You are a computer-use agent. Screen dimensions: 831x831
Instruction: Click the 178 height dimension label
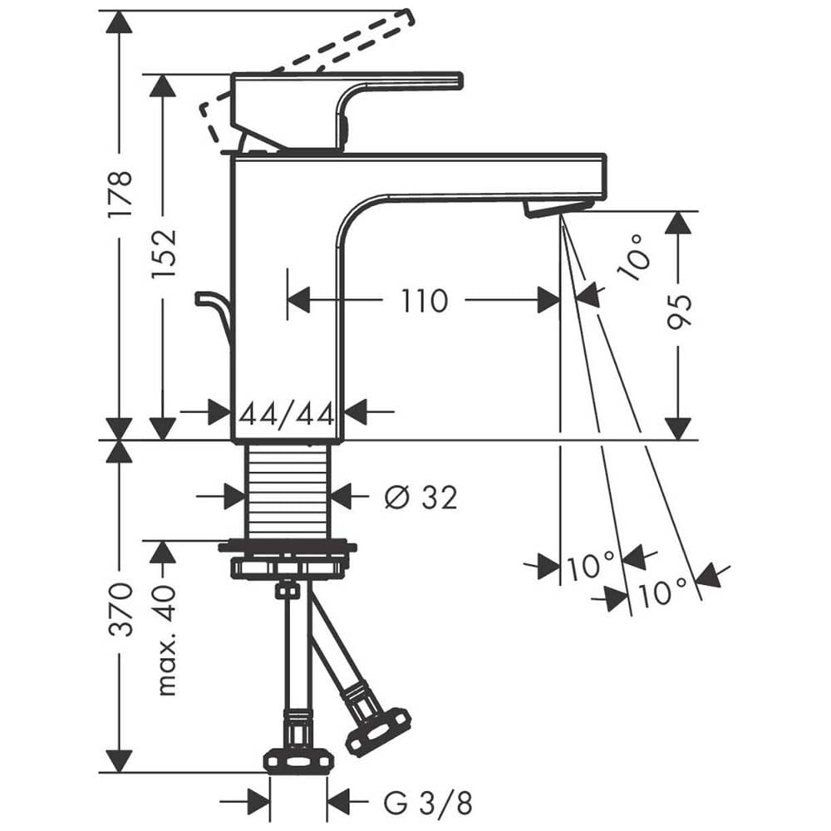click(x=120, y=194)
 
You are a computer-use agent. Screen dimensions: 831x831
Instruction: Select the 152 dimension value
click(x=163, y=254)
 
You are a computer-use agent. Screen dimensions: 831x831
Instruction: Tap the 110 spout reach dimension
click(x=425, y=301)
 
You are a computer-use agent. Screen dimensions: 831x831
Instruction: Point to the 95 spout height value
click(x=679, y=311)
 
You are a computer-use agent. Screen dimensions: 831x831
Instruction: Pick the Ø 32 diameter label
click(x=420, y=498)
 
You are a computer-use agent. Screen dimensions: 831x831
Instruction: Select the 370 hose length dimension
click(x=120, y=609)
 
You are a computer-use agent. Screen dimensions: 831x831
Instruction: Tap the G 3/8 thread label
click(x=428, y=803)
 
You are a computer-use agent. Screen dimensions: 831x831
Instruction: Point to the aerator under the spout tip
click(x=557, y=209)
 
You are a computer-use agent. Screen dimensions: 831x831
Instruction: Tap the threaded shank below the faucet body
click(x=289, y=490)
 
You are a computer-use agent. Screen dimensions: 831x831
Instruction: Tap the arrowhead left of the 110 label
click(x=297, y=301)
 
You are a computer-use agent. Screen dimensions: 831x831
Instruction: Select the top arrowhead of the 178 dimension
click(x=119, y=22)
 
